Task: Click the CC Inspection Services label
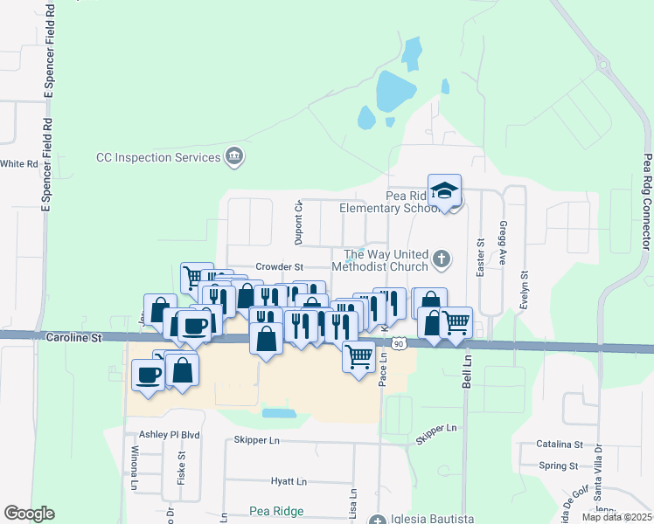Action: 158,157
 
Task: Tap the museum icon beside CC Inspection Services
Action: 234,157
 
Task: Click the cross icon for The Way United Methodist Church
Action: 442,259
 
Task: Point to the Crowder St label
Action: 279,266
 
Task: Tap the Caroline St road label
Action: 74,336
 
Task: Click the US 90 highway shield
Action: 398,343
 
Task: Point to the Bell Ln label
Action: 467,371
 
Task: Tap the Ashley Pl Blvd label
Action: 170,434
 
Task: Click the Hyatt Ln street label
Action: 289,481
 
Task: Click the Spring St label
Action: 560,465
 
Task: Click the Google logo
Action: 29,514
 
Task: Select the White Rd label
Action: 19,163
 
